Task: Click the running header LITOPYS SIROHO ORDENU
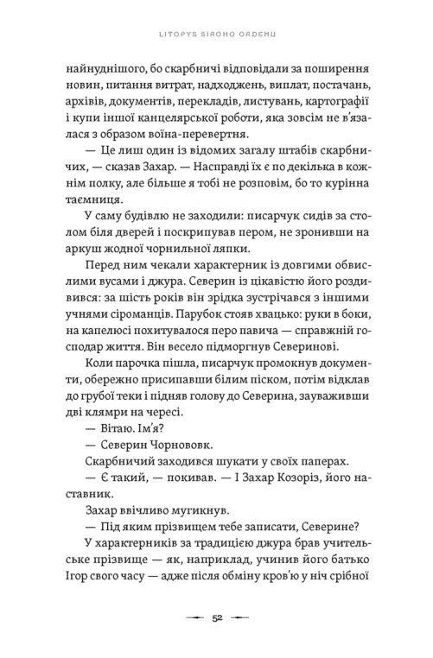pyautogui.click(x=216, y=11)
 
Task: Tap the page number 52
pyautogui.click(x=216, y=618)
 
